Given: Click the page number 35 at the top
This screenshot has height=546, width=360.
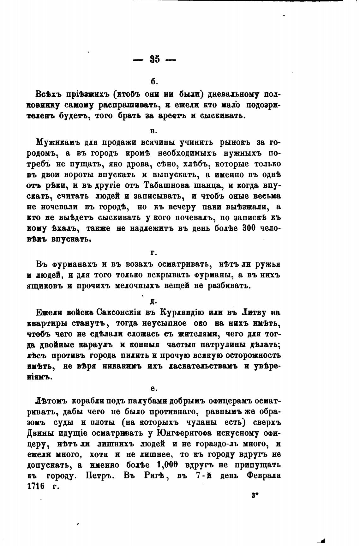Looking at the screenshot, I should (x=155, y=59).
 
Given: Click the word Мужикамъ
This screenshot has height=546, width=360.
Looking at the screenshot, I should (x=57, y=142).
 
